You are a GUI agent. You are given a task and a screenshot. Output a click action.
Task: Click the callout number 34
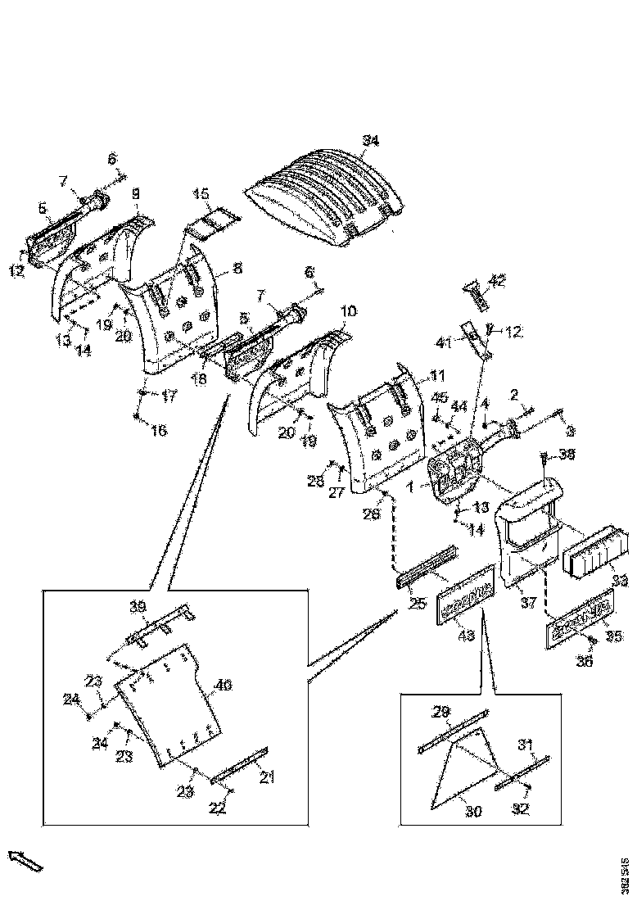point(371,141)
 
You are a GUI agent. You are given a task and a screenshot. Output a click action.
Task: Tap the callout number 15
point(201,194)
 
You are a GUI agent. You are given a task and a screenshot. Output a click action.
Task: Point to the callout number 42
point(497,281)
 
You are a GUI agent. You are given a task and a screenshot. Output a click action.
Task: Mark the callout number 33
point(620,581)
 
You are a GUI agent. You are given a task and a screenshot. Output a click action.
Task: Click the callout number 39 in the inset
point(138,605)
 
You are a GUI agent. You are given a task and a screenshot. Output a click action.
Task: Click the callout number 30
point(474,811)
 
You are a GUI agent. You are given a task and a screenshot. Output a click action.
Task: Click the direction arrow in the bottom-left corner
point(25,861)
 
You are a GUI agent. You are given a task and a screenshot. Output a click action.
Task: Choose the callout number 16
point(158,430)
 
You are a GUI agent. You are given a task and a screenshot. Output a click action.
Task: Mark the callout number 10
point(348,311)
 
